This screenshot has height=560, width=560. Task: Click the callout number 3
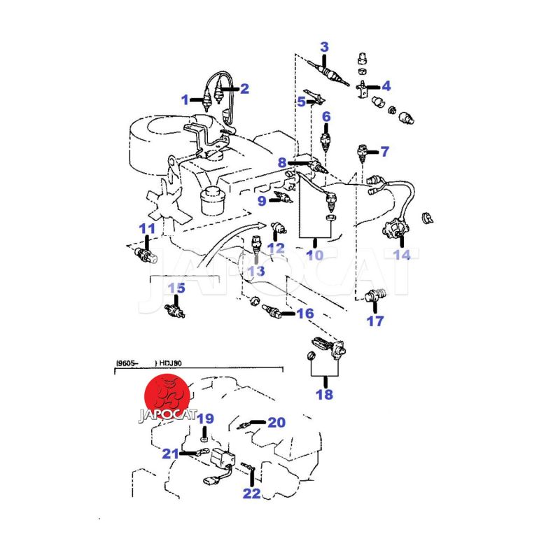coord(324,47)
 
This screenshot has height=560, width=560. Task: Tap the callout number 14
coord(402,255)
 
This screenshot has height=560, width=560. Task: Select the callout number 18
coord(324,395)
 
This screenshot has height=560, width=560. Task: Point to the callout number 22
coord(252,493)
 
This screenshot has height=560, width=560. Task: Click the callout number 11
coord(147,229)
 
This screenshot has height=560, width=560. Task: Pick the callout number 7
coord(384,151)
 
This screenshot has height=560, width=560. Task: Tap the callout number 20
coord(276,423)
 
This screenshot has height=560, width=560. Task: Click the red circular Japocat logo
coord(167,396)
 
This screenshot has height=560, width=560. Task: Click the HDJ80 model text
coord(170,363)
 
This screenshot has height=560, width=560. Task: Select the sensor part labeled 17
coord(375,295)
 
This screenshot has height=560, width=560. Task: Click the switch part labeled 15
coord(174,309)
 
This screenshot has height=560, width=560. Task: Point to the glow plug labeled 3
coord(328,74)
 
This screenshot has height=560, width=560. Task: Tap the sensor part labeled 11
coord(146,255)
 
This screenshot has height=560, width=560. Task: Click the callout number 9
coord(262,201)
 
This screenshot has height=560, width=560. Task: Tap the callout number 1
coord(185,100)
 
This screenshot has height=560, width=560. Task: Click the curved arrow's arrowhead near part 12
coord(262,225)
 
